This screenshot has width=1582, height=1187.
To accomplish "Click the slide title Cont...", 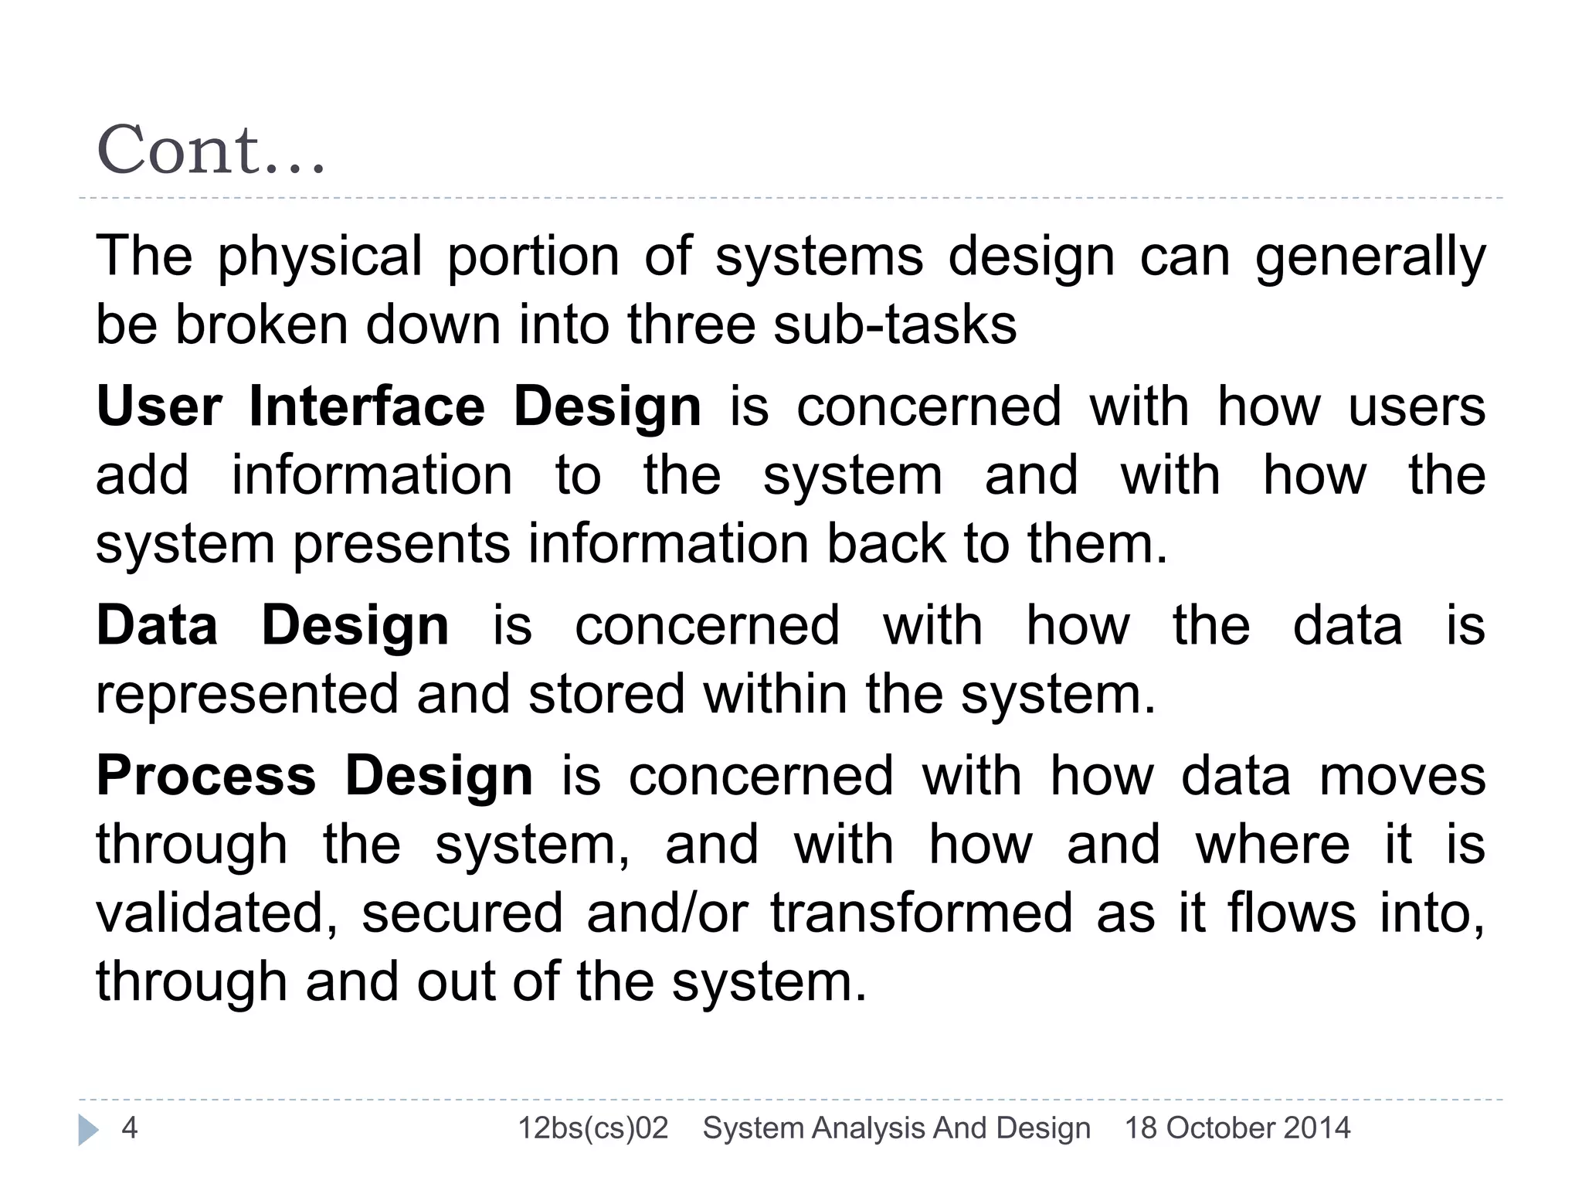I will click(210, 150).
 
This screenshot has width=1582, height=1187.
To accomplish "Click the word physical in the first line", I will click(319, 257).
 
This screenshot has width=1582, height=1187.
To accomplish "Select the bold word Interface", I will click(367, 406).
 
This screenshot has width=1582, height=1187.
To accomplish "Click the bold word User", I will click(159, 406).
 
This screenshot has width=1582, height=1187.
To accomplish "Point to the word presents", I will click(401, 543).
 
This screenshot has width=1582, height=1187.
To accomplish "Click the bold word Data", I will click(157, 625).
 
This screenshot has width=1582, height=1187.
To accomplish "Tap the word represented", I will click(246, 693).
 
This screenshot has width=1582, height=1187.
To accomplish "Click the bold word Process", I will click(205, 776).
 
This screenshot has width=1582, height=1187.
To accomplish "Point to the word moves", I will click(1402, 776).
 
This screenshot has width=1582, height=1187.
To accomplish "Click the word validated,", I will click(217, 913).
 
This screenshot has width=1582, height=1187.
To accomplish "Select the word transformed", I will click(921, 913).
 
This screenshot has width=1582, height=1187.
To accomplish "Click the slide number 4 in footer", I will click(130, 1128).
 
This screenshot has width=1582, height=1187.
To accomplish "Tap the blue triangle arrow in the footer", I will click(88, 1130).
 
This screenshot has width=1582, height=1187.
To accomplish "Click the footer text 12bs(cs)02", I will click(592, 1128).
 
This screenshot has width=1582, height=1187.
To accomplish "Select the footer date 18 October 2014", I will click(1237, 1128).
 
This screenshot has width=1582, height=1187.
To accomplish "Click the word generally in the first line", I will click(1370, 257).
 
